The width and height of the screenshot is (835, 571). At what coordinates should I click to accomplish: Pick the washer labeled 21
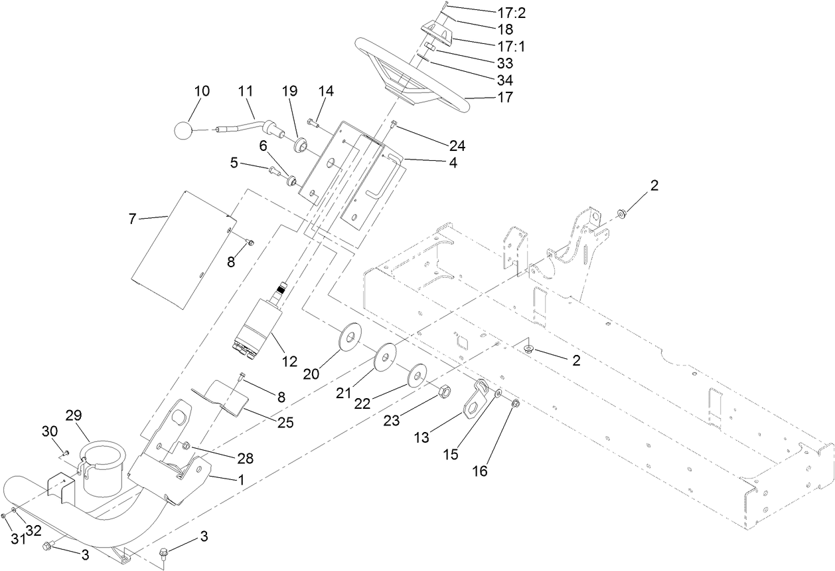[x=384, y=357]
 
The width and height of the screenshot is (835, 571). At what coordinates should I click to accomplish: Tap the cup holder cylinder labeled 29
[x=104, y=466]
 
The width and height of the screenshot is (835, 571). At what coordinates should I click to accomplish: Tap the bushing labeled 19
[x=301, y=144]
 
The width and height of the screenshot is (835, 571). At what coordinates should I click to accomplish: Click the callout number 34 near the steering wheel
[x=505, y=80]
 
